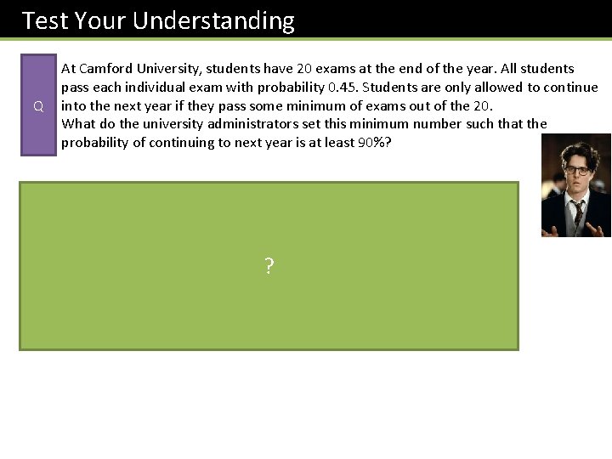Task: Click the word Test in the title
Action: tap(42, 20)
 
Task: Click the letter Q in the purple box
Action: tap(38, 106)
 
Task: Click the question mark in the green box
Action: tap(269, 267)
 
